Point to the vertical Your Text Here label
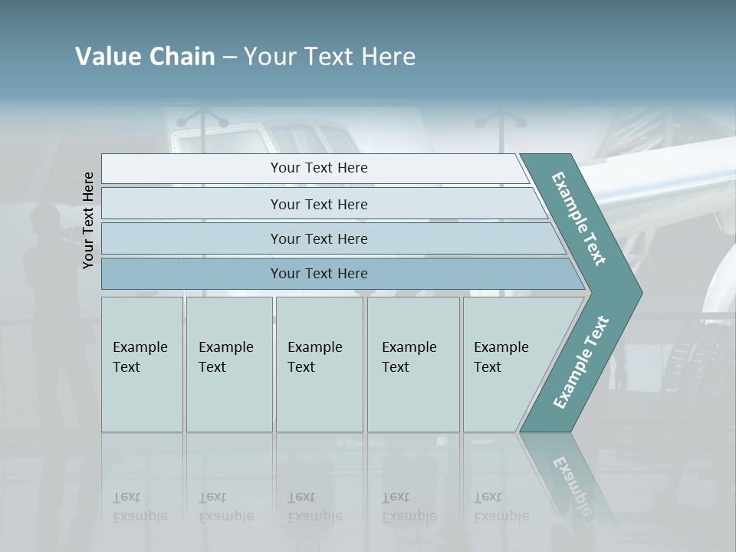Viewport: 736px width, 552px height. click(88, 220)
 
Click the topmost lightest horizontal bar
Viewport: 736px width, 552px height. click(319, 168)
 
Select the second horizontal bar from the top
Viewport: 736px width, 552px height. click(319, 204)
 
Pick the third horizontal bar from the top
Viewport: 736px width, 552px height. click(319, 238)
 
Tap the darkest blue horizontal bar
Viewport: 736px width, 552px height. click(319, 274)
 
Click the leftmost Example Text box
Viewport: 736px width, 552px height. click(142, 364)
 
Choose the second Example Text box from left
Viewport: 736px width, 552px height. click(228, 364)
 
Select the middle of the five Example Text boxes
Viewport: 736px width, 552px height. click(319, 364)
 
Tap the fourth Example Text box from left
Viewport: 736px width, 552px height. click(412, 364)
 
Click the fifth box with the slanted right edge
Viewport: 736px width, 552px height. click(506, 364)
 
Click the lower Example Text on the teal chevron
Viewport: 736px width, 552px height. click(580, 362)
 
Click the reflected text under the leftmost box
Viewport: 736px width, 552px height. click(140, 507)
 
